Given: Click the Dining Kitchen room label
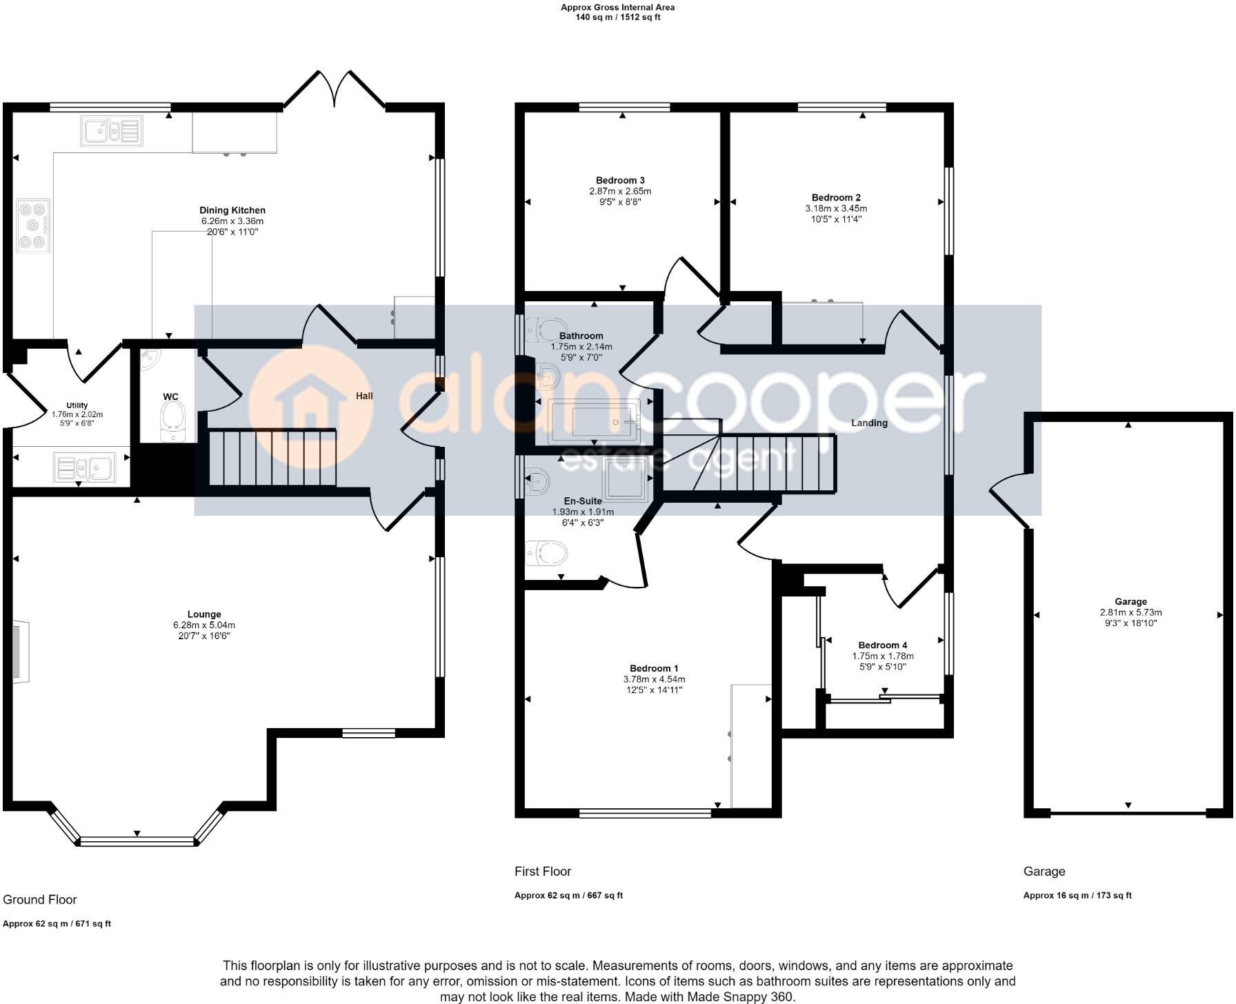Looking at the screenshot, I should pos(232,210).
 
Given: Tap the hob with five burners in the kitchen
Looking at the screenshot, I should pos(33,225).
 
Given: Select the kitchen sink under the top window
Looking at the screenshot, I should pos(111,130).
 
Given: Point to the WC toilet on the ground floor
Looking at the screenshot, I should pos(170,421).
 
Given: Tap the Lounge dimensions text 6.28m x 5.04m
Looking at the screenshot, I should pos(204,625).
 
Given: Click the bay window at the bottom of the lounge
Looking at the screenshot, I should pos(137,840).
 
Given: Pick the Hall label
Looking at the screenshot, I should pos(364,396).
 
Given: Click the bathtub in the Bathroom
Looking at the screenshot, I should pos(594,421).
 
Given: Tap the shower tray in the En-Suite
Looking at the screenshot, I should pos(626,477).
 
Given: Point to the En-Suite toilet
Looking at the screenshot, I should pos(546,553).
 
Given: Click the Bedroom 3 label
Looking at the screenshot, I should pos(619,181).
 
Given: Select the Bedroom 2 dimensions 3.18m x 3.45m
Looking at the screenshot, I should pos(836,208).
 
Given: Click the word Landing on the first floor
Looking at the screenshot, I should pos(868,423).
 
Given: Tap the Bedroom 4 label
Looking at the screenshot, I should pos(882,645).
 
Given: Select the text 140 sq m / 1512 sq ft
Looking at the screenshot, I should pos(617,17).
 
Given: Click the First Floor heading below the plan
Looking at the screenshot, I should pos(543,872).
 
